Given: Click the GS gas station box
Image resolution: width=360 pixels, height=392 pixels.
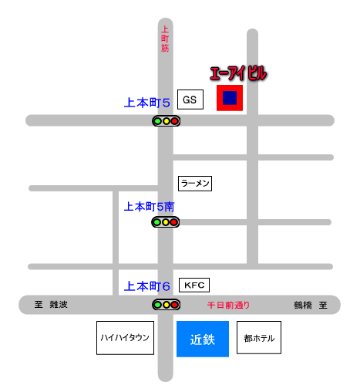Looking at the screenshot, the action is pyautogui.click(x=190, y=100).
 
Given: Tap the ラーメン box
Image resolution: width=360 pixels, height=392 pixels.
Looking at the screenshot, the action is pyautogui.click(x=195, y=184).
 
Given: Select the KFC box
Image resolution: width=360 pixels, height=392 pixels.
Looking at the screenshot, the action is pyautogui.click(x=194, y=285).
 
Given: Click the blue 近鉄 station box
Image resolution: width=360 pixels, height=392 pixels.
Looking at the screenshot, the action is pyautogui.click(x=203, y=339).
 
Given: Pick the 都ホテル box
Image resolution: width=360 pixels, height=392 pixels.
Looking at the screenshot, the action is pyautogui.click(x=259, y=337).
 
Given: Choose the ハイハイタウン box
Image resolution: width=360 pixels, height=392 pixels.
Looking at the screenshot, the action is pyautogui.click(x=125, y=338).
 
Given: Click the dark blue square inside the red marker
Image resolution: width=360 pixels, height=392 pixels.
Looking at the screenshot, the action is pyautogui.click(x=230, y=98).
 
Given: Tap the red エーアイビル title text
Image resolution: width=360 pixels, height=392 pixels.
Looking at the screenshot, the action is pyautogui.click(x=238, y=73).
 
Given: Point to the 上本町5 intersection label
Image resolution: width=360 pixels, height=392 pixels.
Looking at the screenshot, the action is pyautogui.click(x=147, y=103).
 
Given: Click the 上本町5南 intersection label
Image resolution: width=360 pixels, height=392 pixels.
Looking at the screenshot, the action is pyautogui.click(x=150, y=207).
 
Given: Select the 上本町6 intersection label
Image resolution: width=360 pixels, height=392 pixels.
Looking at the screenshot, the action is pyautogui.click(x=147, y=286).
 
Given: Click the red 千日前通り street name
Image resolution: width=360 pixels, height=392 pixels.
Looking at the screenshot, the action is pyautogui.click(x=228, y=305).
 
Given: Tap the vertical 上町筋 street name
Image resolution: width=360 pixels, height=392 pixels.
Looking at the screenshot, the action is pyautogui.click(x=165, y=39).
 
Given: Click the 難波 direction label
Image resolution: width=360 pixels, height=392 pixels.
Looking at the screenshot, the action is pyautogui.click(x=59, y=305).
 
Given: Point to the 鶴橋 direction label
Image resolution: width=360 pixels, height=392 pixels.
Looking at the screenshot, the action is pyautogui.click(x=303, y=305).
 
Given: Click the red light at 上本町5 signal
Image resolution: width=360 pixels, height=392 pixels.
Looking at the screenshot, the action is pyautogui.click(x=175, y=121).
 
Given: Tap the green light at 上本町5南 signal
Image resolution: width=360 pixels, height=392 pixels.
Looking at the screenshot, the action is pyautogui.click(x=157, y=222).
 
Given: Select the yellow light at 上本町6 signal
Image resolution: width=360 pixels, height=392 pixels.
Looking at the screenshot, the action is pyautogui.click(x=167, y=305).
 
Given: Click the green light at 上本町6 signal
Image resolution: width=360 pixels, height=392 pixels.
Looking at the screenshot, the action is pyautogui.click(x=158, y=305).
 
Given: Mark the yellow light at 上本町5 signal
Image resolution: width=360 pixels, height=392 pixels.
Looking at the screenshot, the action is pyautogui.click(x=167, y=121).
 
